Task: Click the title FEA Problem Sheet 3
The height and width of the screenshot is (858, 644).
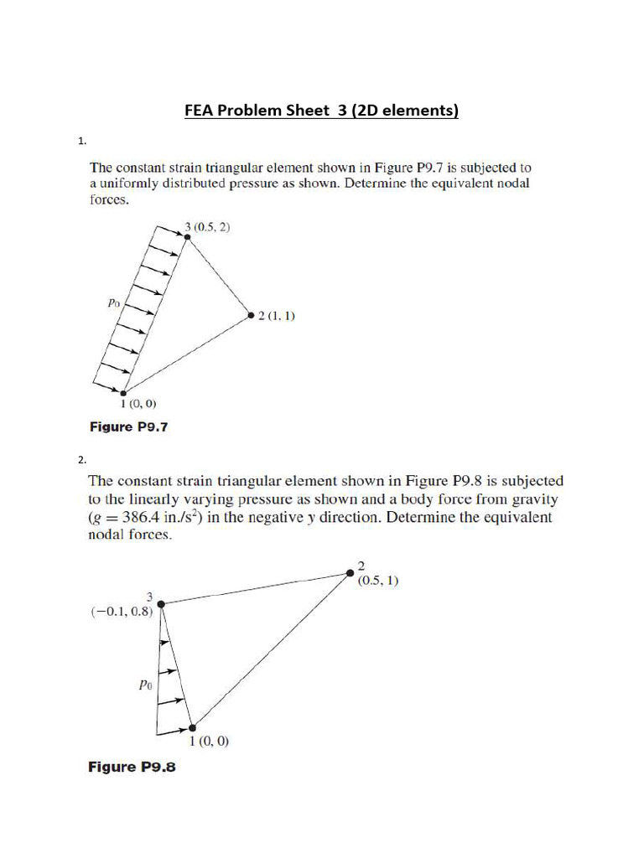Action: pos(321,111)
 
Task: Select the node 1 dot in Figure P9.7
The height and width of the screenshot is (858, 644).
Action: pos(123,392)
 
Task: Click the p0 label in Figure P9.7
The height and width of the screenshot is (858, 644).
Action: pos(115,304)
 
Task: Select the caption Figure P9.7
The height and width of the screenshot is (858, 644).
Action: pos(128,427)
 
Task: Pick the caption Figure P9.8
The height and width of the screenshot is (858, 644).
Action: pos(132,767)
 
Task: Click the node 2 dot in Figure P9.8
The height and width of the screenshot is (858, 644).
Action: pos(351,573)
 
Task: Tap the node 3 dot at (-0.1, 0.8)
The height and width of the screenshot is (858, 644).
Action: pos(160,602)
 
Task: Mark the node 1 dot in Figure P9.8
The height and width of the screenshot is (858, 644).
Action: pos(193,727)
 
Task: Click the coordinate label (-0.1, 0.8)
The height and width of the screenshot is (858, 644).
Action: pos(122,612)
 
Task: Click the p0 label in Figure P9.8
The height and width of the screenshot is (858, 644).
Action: pos(144,684)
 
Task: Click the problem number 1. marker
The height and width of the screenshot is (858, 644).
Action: pos(83,142)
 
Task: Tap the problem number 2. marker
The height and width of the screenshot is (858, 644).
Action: pos(83,459)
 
